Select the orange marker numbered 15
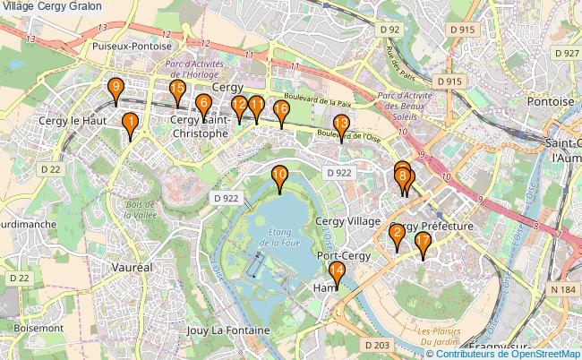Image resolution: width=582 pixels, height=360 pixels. [177, 91]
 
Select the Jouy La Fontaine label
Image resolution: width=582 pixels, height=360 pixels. [229, 330]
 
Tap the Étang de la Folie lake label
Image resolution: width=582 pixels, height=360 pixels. [284, 237]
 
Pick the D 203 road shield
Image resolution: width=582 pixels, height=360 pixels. [378, 345]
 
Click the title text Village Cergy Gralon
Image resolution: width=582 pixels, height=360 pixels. [51, 6]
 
